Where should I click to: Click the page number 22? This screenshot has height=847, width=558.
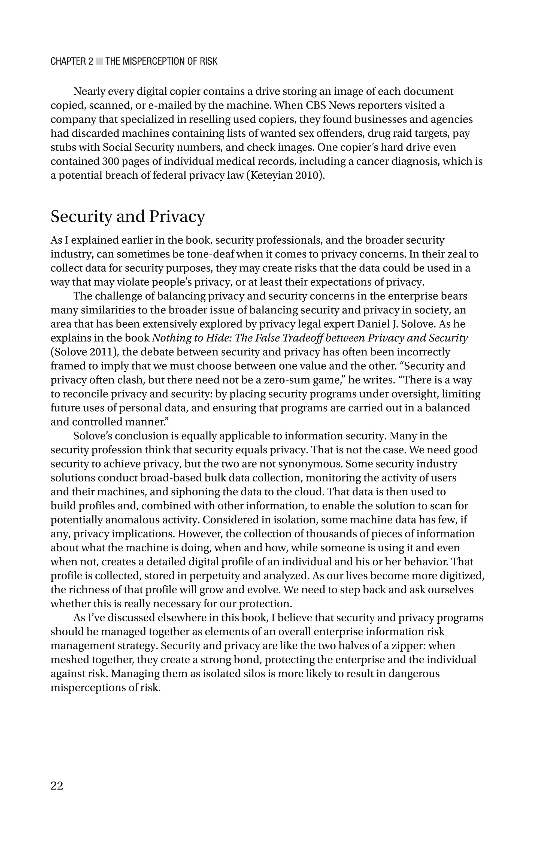tap(57, 785)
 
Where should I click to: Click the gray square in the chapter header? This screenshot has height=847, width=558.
tap(99, 62)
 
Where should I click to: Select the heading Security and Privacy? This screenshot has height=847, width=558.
tap(128, 217)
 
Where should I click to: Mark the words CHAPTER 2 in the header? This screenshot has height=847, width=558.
tap(72, 62)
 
